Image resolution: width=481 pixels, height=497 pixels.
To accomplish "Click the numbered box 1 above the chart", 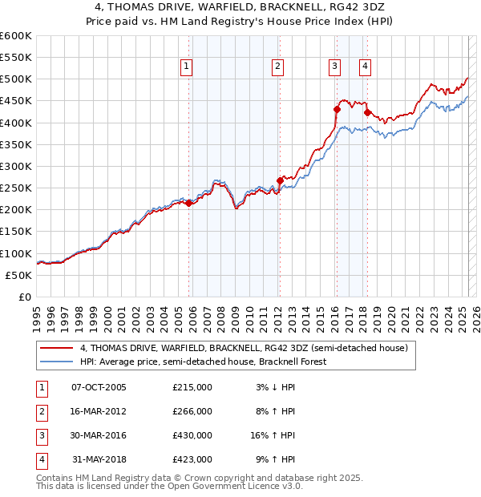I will pos(186,67).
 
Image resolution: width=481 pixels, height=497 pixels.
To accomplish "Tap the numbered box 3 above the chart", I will pos(334,67).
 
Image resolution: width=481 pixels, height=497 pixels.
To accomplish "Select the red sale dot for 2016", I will pos(337,109).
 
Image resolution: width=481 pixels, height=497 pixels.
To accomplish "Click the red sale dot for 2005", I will pos(189,204).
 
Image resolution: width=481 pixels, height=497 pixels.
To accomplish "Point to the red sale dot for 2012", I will pos(280,180).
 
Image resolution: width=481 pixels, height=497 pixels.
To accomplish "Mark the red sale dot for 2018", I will pos(367,112).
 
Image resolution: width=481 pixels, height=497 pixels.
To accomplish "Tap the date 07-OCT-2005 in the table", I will pos(99,387).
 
